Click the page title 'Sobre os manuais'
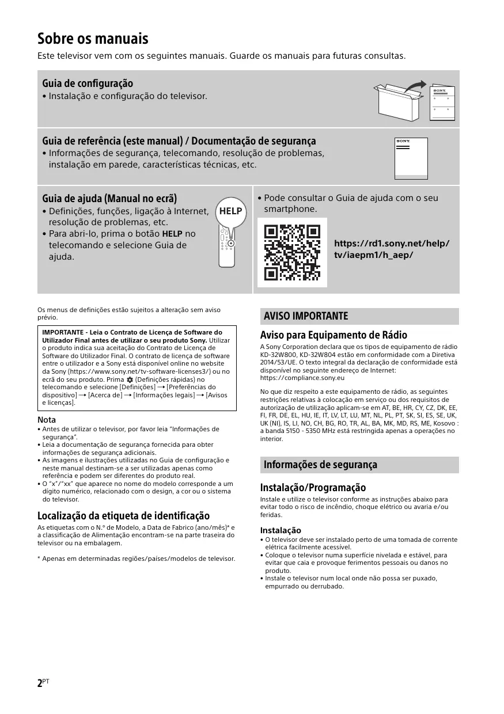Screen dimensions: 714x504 click(x=93, y=39)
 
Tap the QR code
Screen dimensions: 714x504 click(x=291, y=252)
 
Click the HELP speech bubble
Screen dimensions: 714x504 click(x=231, y=211)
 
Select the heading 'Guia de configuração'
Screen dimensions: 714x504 click(x=88, y=83)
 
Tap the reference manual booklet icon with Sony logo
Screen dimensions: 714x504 click(x=411, y=158)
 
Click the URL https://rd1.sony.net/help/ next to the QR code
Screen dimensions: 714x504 click(x=392, y=244)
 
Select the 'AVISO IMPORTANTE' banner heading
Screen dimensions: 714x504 click(x=306, y=316)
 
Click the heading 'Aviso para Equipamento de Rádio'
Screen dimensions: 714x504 click(x=334, y=335)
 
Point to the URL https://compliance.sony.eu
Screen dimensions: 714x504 click(x=302, y=378)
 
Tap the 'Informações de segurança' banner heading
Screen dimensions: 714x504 click(x=320, y=465)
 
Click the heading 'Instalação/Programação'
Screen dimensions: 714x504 click(x=313, y=488)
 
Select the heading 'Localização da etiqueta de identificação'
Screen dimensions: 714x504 click(x=123, y=515)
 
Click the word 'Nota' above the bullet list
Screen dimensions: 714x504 click(x=47, y=420)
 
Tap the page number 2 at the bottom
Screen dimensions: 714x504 click(x=40, y=683)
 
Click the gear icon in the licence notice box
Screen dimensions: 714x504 click(x=130, y=380)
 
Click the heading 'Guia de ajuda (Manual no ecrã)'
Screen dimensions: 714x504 click(x=109, y=199)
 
